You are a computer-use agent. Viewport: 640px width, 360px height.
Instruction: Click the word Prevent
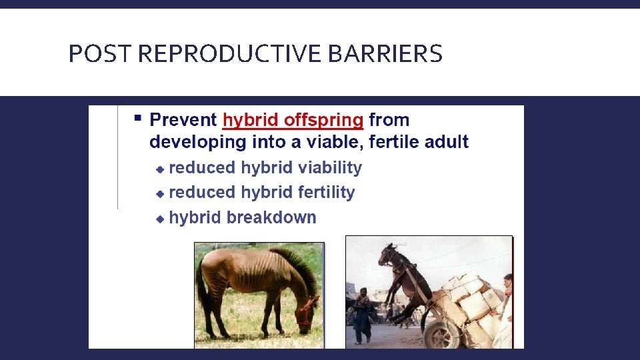click(183, 120)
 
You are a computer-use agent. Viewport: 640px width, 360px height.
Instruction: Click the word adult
click(446, 141)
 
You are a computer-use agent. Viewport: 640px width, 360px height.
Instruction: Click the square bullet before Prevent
click(138, 119)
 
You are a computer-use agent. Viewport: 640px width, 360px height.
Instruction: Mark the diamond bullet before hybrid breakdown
click(159, 219)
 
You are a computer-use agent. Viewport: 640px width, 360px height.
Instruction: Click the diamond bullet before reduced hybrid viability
click(159, 169)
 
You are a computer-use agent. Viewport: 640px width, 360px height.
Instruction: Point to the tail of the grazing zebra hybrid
click(201, 293)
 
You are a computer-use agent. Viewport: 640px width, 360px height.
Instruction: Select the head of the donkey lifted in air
click(387, 254)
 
